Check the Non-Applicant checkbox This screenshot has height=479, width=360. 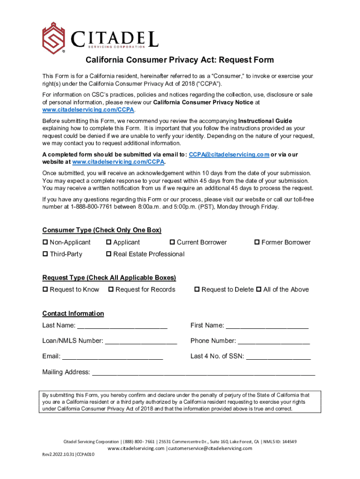point(45,242)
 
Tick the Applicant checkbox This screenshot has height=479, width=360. point(109,242)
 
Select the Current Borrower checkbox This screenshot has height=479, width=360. point(173,242)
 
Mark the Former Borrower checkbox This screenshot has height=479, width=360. point(257,242)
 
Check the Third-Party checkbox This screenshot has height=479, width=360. point(45,254)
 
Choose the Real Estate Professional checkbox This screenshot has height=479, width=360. point(109,254)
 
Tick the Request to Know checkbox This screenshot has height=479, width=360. point(45,290)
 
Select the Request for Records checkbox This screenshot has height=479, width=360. point(111,290)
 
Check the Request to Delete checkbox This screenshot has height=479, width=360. point(197,290)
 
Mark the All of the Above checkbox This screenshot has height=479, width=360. point(259,290)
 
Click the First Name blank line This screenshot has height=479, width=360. point(267,326)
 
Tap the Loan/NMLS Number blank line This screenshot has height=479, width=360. point(141,341)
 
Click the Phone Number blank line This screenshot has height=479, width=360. point(274,341)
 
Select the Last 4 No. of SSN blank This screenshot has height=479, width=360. point(278,357)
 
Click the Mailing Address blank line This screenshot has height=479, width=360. point(203,373)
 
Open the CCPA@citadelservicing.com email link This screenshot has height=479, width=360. point(229,154)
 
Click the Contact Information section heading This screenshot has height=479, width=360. point(73,313)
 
